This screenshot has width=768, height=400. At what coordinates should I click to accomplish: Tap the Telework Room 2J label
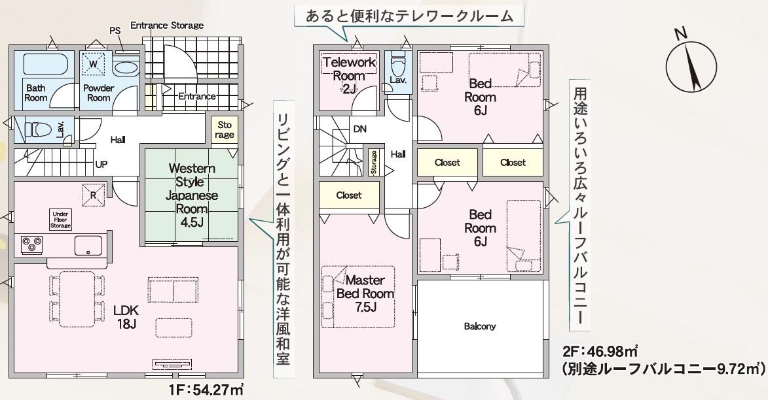click(x=349, y=76)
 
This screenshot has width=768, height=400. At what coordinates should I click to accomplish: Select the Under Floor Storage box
click(x=60, y=220)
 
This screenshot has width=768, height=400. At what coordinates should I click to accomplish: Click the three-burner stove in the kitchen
click(x=32, y=244)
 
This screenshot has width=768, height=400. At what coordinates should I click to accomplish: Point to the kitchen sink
click(x=88, y=246)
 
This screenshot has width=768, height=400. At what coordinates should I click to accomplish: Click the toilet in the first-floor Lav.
click(x=38, y=130)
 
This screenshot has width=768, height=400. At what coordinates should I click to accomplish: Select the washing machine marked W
click(x=94, y=64)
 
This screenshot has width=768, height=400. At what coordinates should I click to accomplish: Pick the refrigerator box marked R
click(x=94, y=194)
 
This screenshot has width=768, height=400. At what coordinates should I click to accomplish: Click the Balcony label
click(x=479, y=326)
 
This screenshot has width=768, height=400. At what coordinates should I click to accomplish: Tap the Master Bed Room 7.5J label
click(x=365, y=293)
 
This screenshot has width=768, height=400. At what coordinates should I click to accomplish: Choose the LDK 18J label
click(x=126, y=317)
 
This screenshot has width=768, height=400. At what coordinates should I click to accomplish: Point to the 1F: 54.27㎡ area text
click(x=207, y=390)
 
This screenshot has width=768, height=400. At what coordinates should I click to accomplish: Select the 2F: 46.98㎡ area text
click(x=600, y=351)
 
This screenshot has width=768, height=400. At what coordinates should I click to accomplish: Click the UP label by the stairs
click(x=101, y=164)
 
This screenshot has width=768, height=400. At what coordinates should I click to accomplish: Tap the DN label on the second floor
click(x=360, y=129)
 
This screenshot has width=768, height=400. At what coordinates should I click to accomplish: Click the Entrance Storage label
click(x=167, y=25)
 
